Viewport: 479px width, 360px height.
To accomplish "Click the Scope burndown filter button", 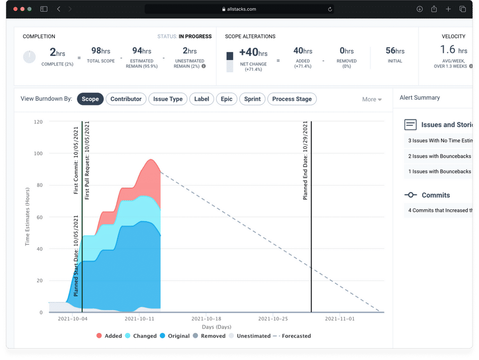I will point(90,99).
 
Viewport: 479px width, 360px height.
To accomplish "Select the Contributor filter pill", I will point(126,99).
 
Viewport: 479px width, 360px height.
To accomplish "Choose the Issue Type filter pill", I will point(168,99).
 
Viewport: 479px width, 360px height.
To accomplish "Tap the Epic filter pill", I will point(227,99).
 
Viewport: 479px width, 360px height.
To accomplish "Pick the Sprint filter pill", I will point(252,99).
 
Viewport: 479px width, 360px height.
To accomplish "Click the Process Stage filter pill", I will point(292,99).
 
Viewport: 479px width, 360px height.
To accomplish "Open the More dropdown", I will point(372,99).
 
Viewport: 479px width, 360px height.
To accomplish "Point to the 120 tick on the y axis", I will point(38,122).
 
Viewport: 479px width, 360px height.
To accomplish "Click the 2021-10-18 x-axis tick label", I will point(206,318).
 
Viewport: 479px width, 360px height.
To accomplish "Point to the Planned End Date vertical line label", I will point(305,161).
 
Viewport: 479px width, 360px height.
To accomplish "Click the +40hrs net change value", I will point(253,52).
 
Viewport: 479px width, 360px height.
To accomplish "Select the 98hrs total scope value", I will point(101,50).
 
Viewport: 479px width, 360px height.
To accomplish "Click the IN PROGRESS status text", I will point(195,36).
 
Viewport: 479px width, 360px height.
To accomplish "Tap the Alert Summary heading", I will point(420,98).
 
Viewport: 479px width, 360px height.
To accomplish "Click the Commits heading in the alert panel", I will point(436,195).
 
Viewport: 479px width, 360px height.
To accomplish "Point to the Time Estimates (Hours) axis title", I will point(28,218).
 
